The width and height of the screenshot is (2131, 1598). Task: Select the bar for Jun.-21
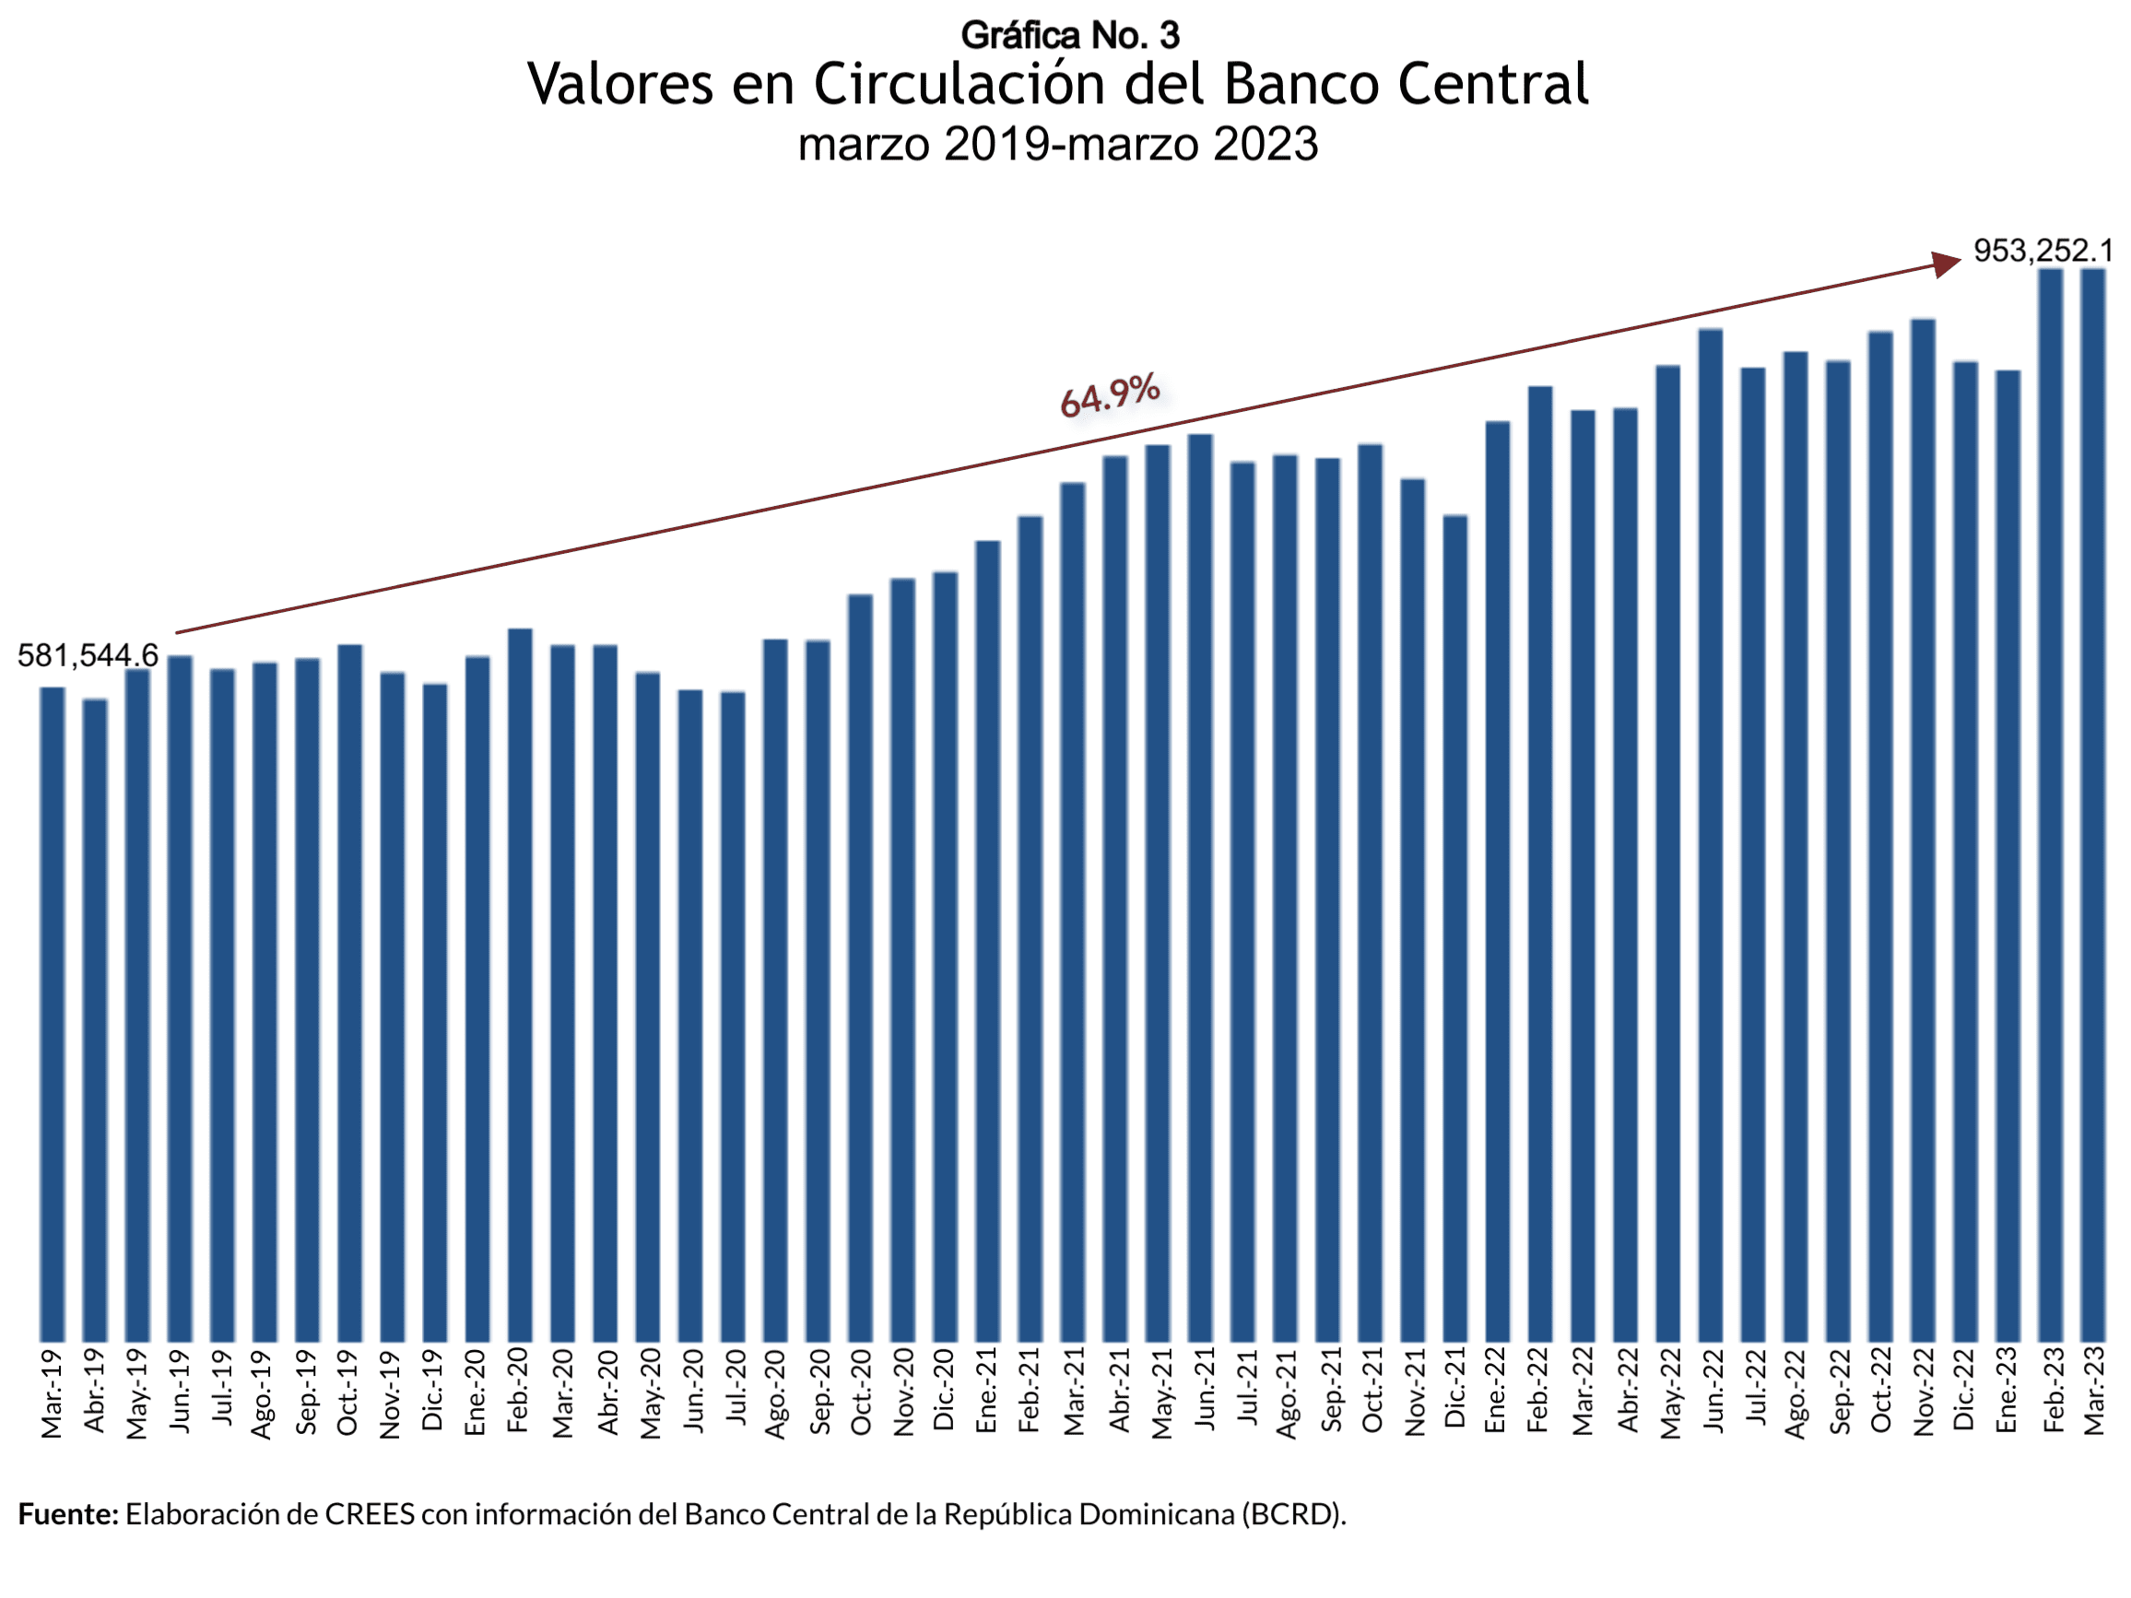[x=1200, y=887]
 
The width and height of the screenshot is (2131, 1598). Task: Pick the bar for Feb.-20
[x=520, y=984]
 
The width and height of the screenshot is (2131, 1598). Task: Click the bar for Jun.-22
[x=1710, y=834]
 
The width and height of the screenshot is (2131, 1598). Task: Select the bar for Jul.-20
[x=732, y=1016]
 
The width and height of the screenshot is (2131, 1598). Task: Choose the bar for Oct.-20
[x=860, y=967]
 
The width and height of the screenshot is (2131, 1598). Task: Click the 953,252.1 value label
[x=2043, y=252]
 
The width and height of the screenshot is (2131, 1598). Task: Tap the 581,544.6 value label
[x=88, y=656]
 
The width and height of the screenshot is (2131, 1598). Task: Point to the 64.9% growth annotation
[x=1110, y=395]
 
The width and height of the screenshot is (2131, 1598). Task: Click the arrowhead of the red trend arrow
[x=1948, y=263]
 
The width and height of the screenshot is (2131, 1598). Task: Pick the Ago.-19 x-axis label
[x=263, y=1393]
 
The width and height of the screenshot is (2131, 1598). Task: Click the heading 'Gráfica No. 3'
[x=1069, y=36]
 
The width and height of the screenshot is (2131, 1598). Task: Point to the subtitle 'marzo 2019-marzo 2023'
[x=1058, y=145]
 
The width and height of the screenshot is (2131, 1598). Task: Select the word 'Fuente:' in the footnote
[x=67, y=1514]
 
